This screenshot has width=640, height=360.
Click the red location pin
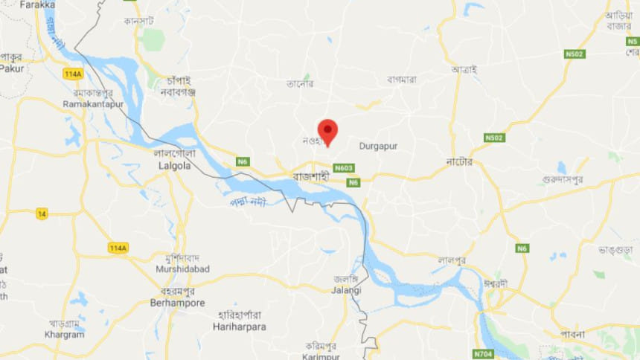click(327, 130)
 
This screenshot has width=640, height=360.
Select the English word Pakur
click(11, 68)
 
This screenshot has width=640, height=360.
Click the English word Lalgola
click(175, 166)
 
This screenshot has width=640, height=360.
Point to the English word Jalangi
click(347, 290)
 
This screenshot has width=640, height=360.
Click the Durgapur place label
click(378, 146)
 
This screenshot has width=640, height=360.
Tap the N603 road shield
click(343, 168)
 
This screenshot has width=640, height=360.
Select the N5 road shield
click(632, 41)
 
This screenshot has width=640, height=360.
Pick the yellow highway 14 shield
click(42, 213)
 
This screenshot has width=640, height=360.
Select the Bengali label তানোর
click(300, 84)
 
